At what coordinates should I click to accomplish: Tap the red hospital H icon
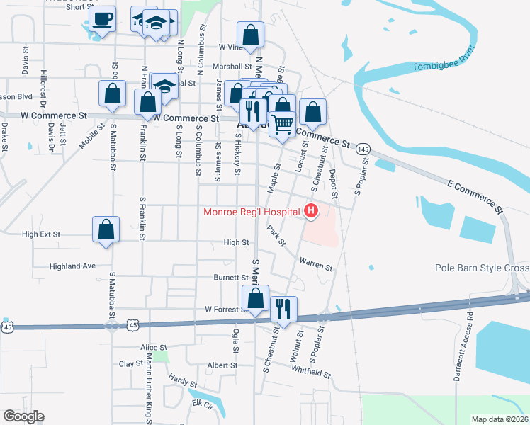click(x=310, y=211)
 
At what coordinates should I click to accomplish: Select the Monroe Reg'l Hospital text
click(x=252, y=212)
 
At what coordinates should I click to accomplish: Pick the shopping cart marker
click(x=282, y=124)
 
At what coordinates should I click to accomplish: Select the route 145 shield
click(x=363, y=149)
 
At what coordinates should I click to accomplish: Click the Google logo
click(x=23, y=416)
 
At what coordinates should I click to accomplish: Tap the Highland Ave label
click(x=72, y=266)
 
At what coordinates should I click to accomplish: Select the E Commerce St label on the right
click(x=474, y=196)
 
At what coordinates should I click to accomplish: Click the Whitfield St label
click(x=310, y=372)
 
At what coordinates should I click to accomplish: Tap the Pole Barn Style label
click(x=482, y=268)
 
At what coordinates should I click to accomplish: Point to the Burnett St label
click(x=230, y=278)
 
